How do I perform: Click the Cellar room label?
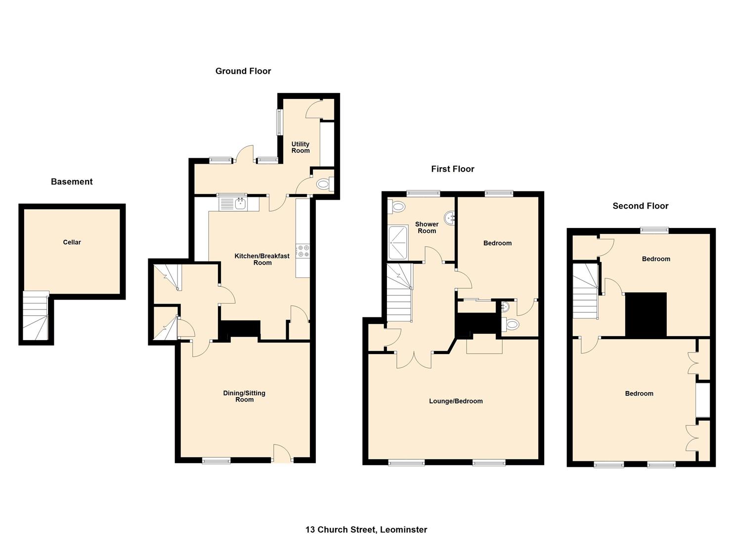tap(72, 242)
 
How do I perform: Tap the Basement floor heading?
tap(72, 181)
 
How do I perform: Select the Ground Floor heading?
tap(243, 71)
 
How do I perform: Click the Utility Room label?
tap(301, 147)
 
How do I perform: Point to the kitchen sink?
tap(240, 203)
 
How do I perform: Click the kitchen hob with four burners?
tap(303, 251)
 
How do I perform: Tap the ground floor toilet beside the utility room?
tap(323, 184)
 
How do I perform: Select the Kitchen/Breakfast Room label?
tap(262, 259)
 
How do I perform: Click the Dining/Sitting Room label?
tap(244, 396)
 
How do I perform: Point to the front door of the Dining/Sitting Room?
tap(282, 453)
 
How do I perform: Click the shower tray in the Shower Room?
tap(398, 242)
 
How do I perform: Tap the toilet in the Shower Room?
tap(397, 206)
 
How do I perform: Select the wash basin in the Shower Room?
tap(450, 217)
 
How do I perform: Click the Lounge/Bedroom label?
tap(456, 401)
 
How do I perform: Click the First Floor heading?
tap(452, 169)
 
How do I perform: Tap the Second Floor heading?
tap(640, 206)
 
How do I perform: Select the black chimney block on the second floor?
tap(646, 315)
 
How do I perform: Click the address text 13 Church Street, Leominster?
tap(366, 530)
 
